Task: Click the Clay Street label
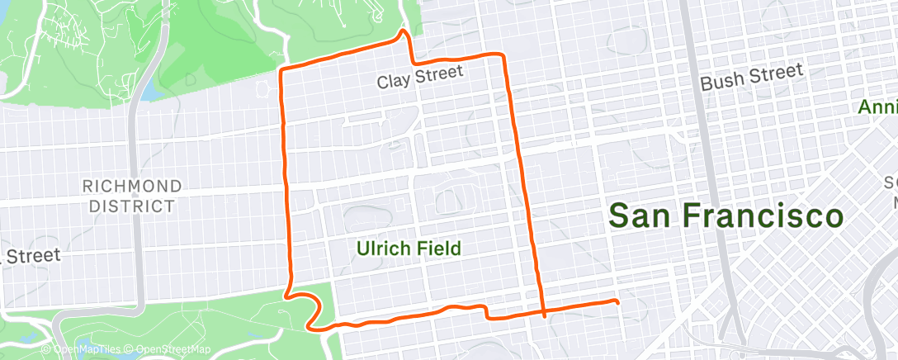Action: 420,79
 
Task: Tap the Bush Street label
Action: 751,78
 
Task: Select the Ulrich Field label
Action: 408,248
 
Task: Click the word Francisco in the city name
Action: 763,216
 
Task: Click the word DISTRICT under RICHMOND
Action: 132,206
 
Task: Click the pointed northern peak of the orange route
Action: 403,32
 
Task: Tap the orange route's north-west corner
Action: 282,69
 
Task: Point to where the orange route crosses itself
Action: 544,313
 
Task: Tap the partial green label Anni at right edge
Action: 877,107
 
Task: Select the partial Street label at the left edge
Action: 31,256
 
